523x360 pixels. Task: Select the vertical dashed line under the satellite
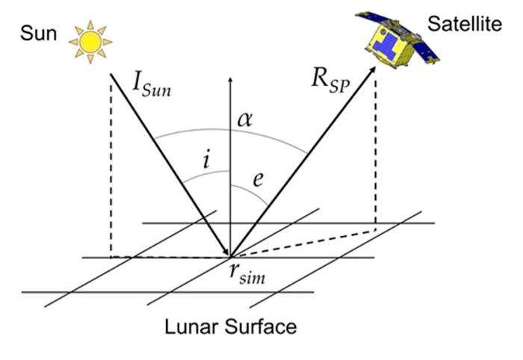point(375,149)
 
